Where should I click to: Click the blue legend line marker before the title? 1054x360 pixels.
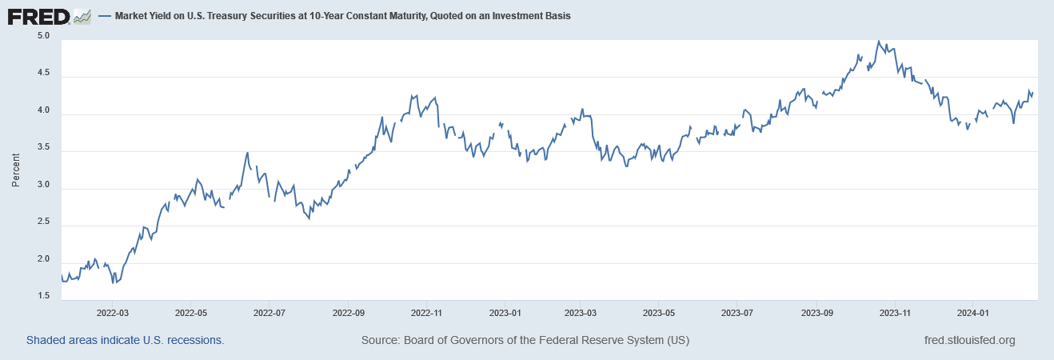(x=104, y=16)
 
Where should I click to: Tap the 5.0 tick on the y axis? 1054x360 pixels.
(x=43, y=37)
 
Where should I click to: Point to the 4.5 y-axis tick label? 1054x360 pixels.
(x=43, y=74)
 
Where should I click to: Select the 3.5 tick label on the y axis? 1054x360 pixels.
(x=43, y=148)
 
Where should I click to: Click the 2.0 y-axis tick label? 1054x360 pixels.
(x=43, y=260)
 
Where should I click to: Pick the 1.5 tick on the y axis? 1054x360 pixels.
(x=43, y=297)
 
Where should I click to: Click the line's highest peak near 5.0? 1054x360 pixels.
(x=878, y=42)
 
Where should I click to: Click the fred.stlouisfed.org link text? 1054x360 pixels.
(x=968, y=340)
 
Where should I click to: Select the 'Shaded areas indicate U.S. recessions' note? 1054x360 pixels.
(x=125, y=340)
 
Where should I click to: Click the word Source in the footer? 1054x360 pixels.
(x=378, y=340)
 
